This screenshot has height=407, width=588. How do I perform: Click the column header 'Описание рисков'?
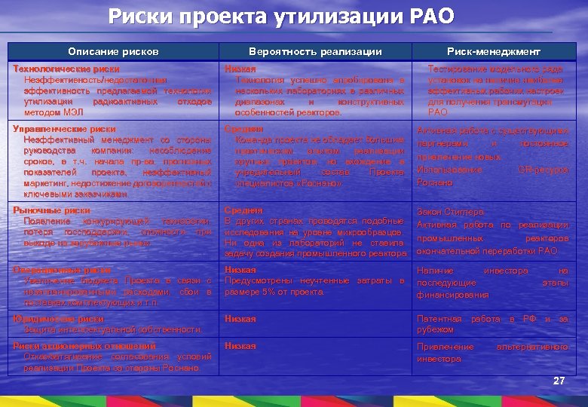click(x=113, y=52)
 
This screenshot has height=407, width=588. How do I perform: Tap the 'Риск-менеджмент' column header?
click(x=493, y=52)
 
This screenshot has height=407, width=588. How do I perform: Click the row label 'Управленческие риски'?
click(x=54, y=129)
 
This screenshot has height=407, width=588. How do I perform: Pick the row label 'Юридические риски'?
click(x=49, y=319)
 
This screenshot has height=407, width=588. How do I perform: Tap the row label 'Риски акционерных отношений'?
click(x=72, y=346)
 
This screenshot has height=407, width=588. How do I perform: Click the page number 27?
click(x=559, y=381)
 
